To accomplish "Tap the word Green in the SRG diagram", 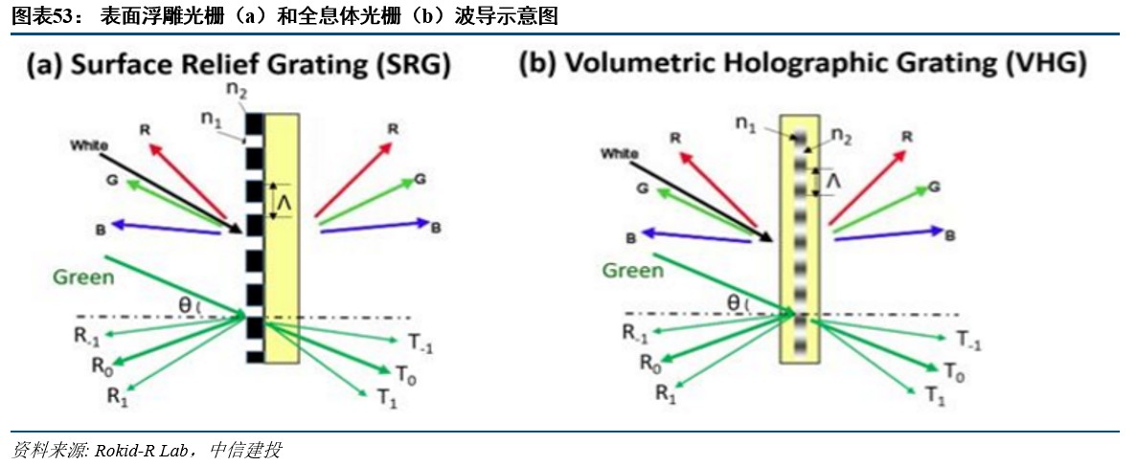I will pyautogui.click(x=83, y=277).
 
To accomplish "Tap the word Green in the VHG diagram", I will pyautogui.click(x=632, y=271).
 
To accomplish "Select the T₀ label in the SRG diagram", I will pyautogui.click(x=405, y=373).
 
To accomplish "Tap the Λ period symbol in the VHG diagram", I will pyautogui.click(x=833, y=180).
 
